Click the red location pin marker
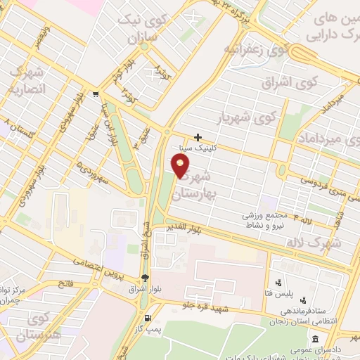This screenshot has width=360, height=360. pos(181,166)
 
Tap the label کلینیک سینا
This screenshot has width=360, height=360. pos(219,148)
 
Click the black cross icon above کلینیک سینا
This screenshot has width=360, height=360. pos(199,137)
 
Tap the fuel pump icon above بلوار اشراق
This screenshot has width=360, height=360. pos(144,278)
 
